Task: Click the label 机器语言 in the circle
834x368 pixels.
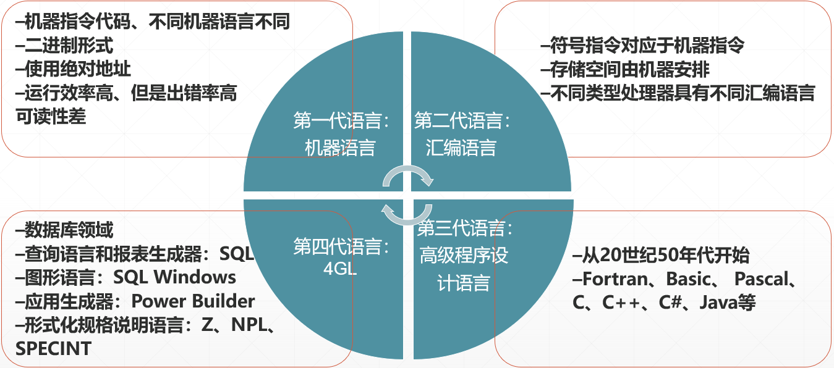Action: click(340, 148)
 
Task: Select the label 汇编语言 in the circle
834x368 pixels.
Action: click(461, 148)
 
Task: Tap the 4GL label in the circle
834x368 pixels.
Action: click(340, 270)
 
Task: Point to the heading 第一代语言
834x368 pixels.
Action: click(342, 121)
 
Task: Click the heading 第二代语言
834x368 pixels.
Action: click(463, 121)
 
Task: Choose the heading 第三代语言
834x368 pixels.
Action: click(465, 229)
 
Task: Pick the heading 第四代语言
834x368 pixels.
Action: click(342, 247)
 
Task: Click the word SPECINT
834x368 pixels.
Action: click(54, 348)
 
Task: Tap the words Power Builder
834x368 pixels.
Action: click(193, 301)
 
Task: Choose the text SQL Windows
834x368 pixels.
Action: click(174, 277)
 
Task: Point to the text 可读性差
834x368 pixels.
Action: click(51, 116)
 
